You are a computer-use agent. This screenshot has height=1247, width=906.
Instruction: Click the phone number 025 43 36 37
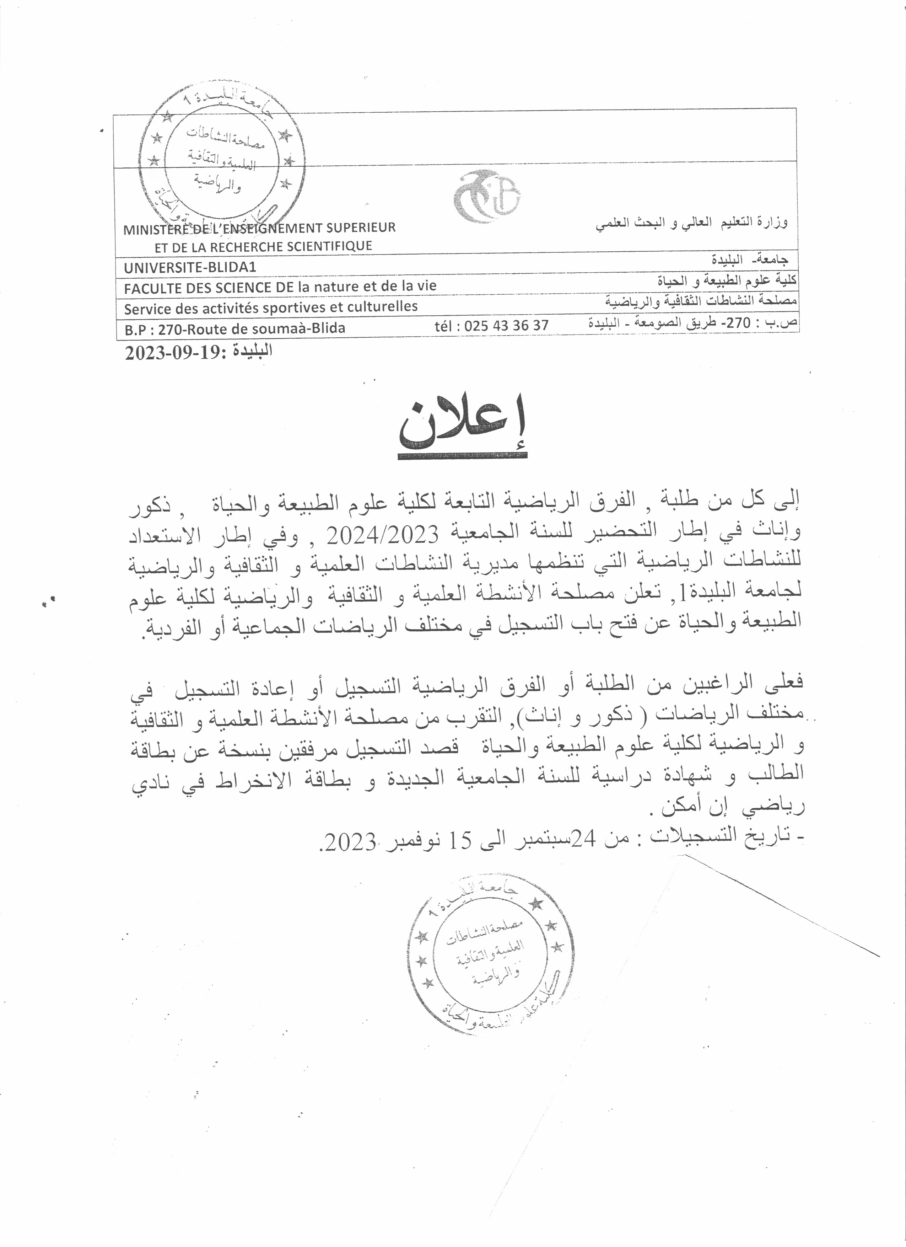[506, 326]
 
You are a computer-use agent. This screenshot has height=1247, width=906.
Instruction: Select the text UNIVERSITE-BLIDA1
[190, 268]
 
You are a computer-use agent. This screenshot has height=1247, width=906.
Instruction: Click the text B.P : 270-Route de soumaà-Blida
[234, 329]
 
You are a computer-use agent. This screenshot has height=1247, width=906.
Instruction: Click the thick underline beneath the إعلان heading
[463, 456]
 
